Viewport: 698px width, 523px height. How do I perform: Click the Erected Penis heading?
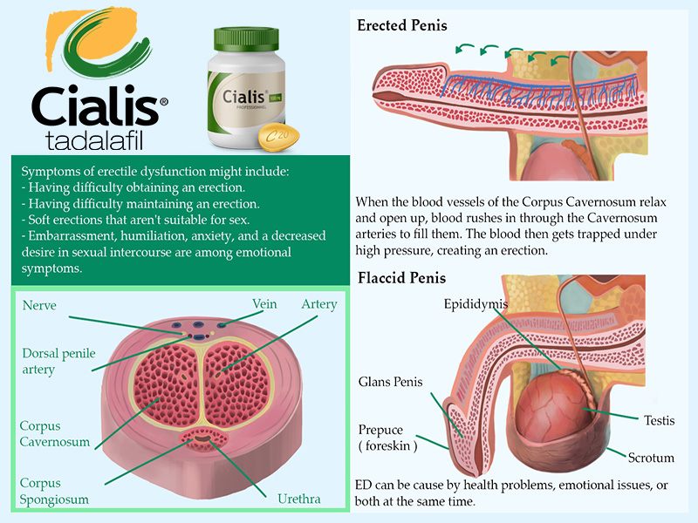(x=402, y=25)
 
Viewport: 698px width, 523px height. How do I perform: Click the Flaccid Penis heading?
(x=401, y=279)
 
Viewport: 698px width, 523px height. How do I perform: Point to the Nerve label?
(x=39, y=305)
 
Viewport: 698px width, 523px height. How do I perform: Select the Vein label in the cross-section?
(x=264, y=304)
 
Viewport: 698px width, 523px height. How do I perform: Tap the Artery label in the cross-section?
(x=318, y=304)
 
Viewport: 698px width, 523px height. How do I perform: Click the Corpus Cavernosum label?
(x=55, y=434)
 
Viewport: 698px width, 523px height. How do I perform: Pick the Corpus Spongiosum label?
(x=54, y=489)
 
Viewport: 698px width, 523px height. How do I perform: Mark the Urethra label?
(x=298, y=499)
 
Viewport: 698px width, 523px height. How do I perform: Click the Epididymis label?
(x=476, y=304)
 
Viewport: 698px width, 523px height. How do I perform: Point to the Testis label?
(x=660, y=420)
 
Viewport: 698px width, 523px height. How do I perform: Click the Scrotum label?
(x=651, y=458)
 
